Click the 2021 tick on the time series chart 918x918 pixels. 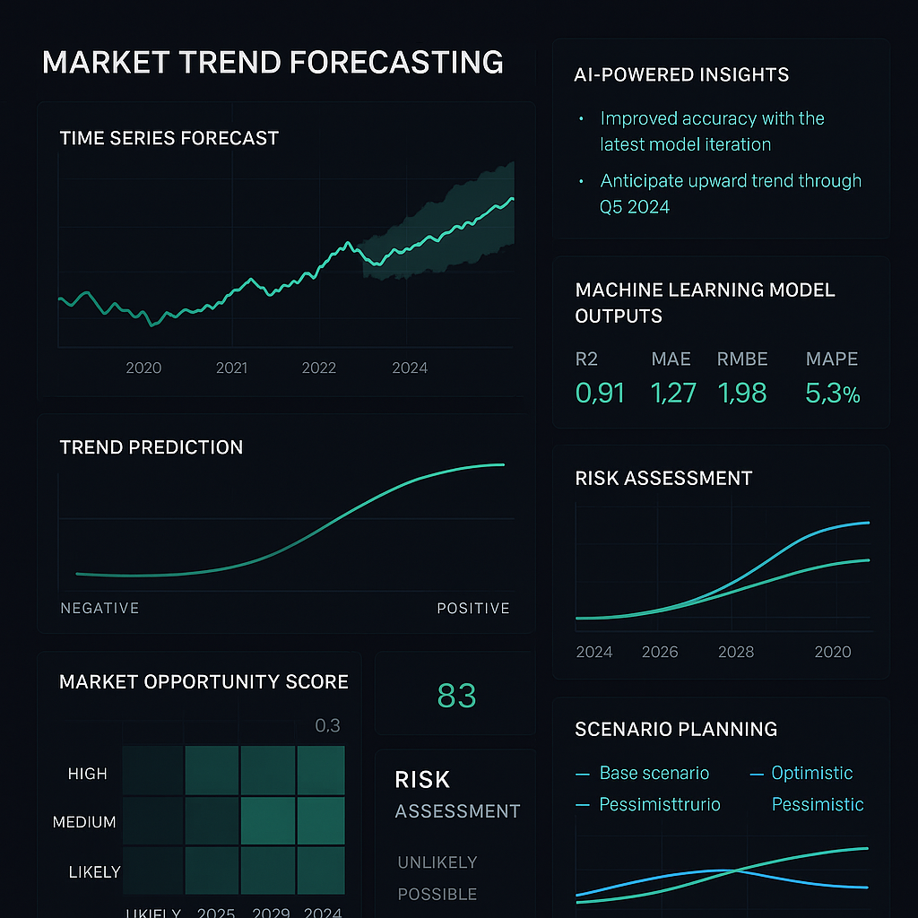click(x=231, y=368)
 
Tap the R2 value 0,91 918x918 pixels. click(x=600, y=392)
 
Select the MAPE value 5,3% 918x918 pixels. click(x=833, y=392)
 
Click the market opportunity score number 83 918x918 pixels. click(x=456, y=696)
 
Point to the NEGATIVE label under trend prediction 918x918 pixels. click(x=100, y=608)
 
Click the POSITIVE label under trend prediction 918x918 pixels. click(x=473, y=608)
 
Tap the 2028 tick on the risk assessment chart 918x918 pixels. click(x=736, y=652)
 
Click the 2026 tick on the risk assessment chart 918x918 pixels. click(x=660, y=652)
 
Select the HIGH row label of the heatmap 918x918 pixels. click(x=87, y=774)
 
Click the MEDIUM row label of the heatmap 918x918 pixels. click(x=84, y=822)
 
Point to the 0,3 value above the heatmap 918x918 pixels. click(x=327, y=725)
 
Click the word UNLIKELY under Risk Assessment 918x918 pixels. click(x=437, y=862)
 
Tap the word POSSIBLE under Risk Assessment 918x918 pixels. click(x=437, y=894)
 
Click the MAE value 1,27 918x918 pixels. click(x=674, y=392)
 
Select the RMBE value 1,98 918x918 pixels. click(x=742, y=392)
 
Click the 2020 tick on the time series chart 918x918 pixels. click(x=143, y=368)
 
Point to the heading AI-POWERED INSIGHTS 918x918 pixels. click(x=681, y=74)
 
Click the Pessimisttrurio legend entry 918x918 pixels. click(x=660, y=804)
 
